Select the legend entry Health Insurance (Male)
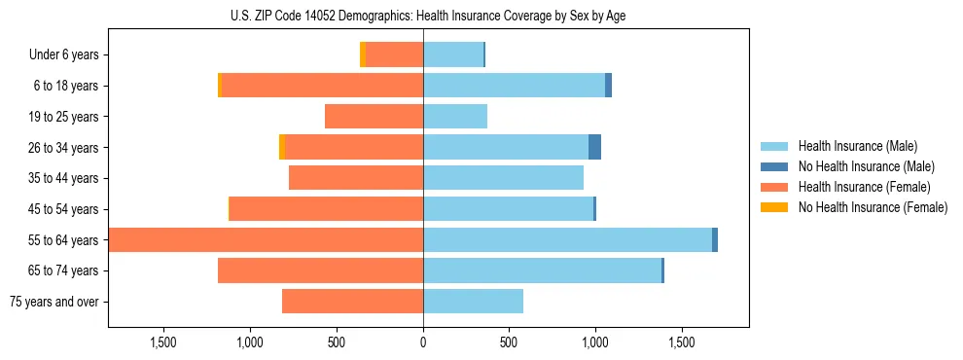pyautogui.click(x=857, y=146)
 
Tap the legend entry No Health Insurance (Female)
pyautogui.click(x=873, y=207)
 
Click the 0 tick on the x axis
pyautogui.click(x=423, y=342)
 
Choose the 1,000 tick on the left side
pyautogui.click(x=250, y=342)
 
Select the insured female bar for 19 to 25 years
pyautogui.click(x=374, y=117)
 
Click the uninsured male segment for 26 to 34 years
pyautogui.click(x=594, y=148)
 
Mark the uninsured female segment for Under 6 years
pyautogui.click(x=363, y=55)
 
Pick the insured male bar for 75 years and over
pyautogui.click(x=473, y=302)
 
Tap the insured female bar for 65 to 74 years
pyautogui.click(x=320, y=270)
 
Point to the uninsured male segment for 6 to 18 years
pyautogui.click(x=608, y=86)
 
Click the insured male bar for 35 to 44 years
pyautogui.click(x=503, y=178)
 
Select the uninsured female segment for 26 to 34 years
pyautogui.click(x=282, y=148)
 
